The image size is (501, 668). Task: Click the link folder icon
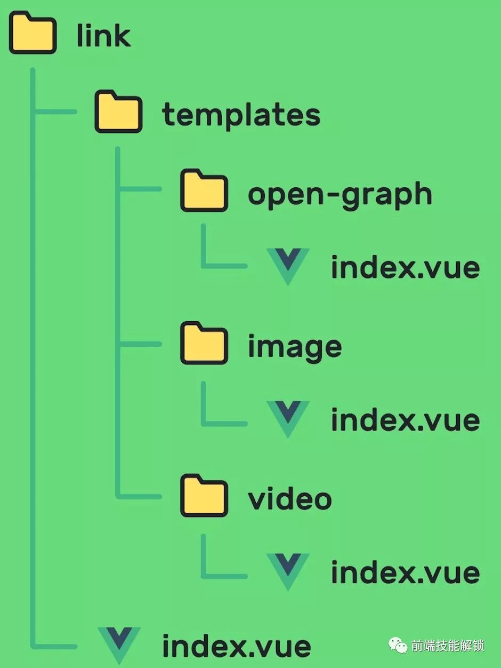pos(33,35)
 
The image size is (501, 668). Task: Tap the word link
pos(103,35)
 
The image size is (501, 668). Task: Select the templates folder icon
pos(118,113)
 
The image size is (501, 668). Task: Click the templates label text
pos(241,114)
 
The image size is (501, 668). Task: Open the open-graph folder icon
pos(204,190)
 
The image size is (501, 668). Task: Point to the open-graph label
pos(340,195)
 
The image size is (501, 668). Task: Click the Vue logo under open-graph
pos(288,266)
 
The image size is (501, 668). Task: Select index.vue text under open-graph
pos(405,267)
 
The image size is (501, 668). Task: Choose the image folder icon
pos(204,344)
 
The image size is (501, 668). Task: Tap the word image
pos(295,348)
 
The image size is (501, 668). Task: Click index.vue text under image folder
pos(405,420)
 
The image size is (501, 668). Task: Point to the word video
pos(290,499)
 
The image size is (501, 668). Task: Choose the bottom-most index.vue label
pos(237,647)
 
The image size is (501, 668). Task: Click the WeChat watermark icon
pos(398,645)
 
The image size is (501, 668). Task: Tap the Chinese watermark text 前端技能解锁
pos(448,646)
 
